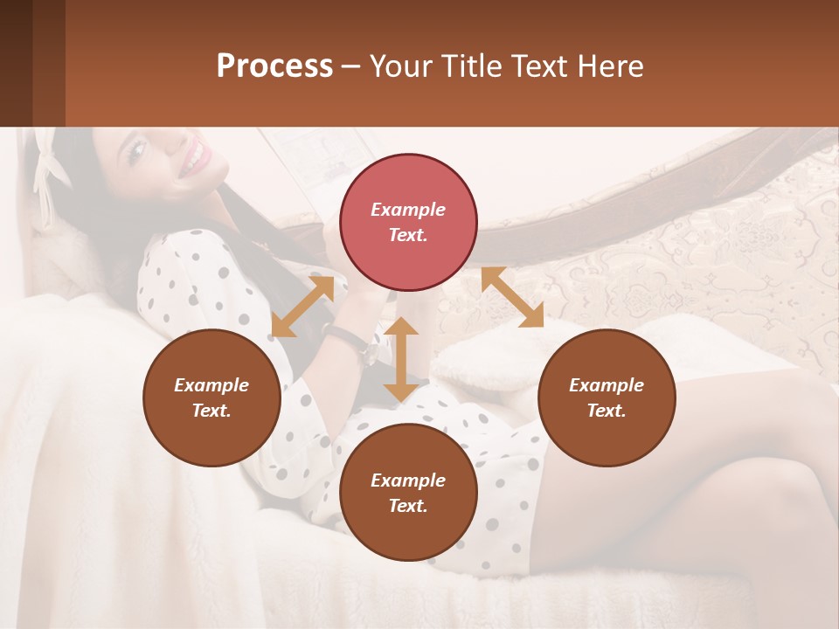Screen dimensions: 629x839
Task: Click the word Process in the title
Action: (274, 66)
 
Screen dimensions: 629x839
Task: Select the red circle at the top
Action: (408, 222)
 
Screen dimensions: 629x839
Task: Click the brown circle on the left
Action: (211, 397)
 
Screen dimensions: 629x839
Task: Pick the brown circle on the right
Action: (607, 397)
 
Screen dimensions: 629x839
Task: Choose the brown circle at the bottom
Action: (408, 493)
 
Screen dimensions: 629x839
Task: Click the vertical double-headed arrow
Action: (401, 359)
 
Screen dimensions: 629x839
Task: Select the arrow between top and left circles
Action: (302, 307)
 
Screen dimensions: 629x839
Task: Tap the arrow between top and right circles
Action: (513, 297)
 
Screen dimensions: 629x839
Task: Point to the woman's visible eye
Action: (136, 151)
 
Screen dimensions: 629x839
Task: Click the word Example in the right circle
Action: (607, 385)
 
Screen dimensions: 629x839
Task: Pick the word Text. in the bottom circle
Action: (408, 506)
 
